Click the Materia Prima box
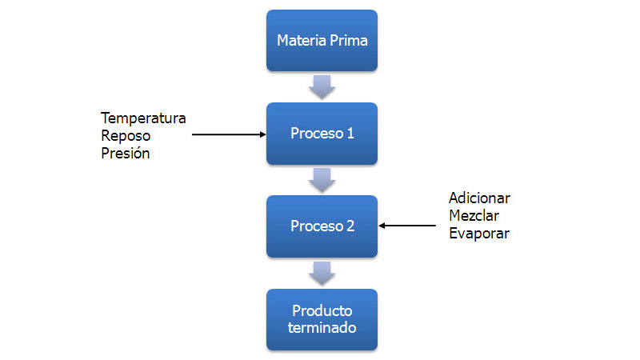[x=322, y=40]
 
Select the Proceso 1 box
[x=322, y=134]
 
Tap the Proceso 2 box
[x=322, y=226]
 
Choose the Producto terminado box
[x=322, y=319]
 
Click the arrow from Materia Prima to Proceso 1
[x=322, y=86]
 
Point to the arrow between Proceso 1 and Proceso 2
[x=322, y=180]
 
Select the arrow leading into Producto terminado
[x=322, y=273]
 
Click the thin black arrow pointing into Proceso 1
[x=229, y=134]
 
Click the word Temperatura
[x=143, y=118]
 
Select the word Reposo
[x=125, y=136]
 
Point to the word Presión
[x=126, y=154]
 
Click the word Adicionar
[x=479, y=198]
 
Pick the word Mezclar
[x=474, y=216]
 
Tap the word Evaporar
[x=478, y=234]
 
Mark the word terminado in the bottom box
[x=322, y=328]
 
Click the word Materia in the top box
[x=302, y=40]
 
